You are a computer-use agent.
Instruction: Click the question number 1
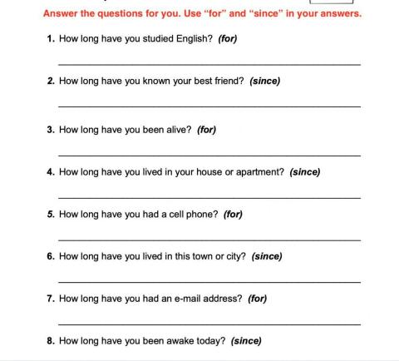[51, 38]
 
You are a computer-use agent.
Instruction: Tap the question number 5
[51, 214]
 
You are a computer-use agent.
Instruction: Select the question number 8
[51, 340]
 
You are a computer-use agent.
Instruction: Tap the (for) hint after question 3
[206, 130]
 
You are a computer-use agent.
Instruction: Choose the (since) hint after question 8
[246, 340]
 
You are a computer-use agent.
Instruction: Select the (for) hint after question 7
[257, 298]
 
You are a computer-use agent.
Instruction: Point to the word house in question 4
[209, 172]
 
